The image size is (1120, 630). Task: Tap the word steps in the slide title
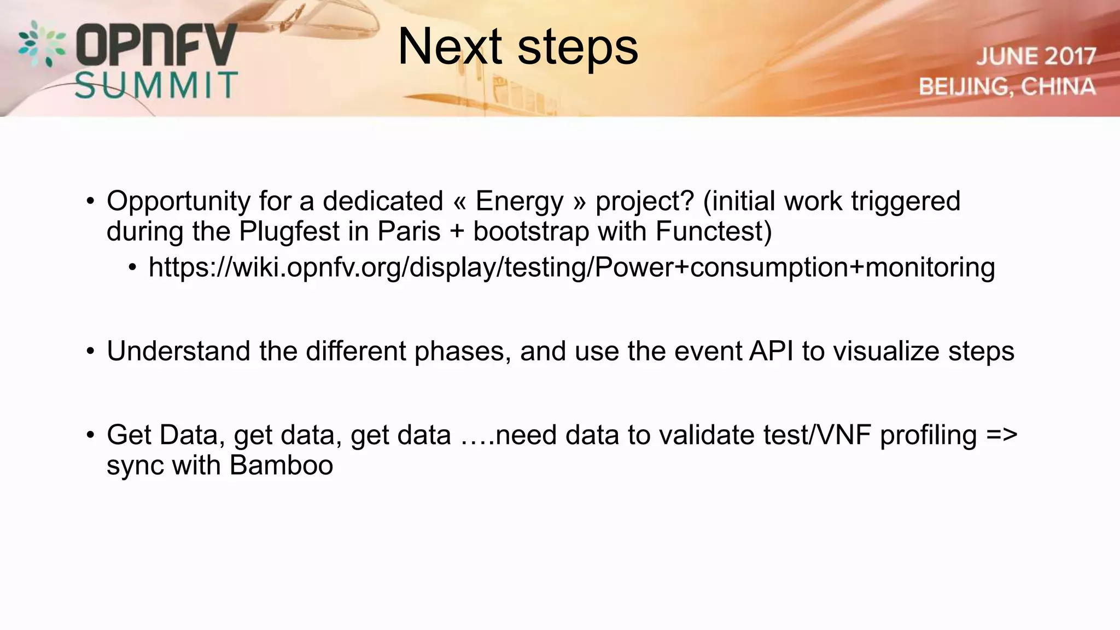pos(577,48)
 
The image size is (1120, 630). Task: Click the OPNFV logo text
pos(156,45)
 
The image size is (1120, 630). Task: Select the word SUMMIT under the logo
pos(156,86)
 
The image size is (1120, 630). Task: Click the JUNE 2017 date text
pos(1036,56)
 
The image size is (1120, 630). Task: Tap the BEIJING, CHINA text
pos(1007,87)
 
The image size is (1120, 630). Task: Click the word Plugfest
pos(289,231)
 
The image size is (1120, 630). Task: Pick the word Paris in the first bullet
pos(409,231)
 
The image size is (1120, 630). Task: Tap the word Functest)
pos(713,231)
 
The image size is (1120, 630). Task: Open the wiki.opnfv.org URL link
pos(571,268)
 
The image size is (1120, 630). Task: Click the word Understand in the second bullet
pos(178,351)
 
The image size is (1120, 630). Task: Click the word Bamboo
pos(281,465)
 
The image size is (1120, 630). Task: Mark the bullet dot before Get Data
pos(90,436)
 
